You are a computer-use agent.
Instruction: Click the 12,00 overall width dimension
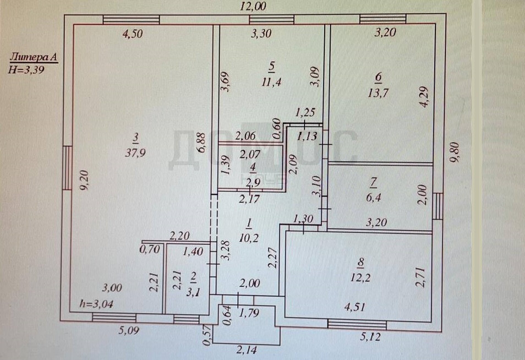click(x=253, y=6)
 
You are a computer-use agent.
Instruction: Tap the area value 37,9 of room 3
click(x=135, y=153)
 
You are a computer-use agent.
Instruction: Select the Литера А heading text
click(x=34, y=57)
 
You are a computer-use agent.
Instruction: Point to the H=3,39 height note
click(x=26, y=70)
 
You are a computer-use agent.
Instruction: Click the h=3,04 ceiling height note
click(x=96, y=304)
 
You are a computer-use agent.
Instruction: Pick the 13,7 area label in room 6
click(x=378, y=92)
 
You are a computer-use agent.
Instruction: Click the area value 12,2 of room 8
click(x=360, y=277)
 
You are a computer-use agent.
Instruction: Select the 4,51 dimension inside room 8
click(x=354, y=307)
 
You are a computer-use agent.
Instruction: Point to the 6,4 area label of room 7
click(x=373, y=197)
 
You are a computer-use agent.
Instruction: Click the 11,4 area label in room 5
click(x=271, y=81)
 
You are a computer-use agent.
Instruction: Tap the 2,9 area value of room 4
click(x=253, y=183)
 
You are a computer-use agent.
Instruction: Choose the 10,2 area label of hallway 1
click(x=249, y=238)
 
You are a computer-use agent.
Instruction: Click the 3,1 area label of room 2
click(x=193, y=292)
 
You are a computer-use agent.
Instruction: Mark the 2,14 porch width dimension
click(x=247, y=350)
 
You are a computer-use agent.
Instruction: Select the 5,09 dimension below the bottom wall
click(x=129, y=330)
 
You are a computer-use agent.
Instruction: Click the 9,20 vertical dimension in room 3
click(x=84, y=181)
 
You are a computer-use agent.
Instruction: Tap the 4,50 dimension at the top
click(x=133, y=34)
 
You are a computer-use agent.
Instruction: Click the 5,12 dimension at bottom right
click(x=371, y=336)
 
